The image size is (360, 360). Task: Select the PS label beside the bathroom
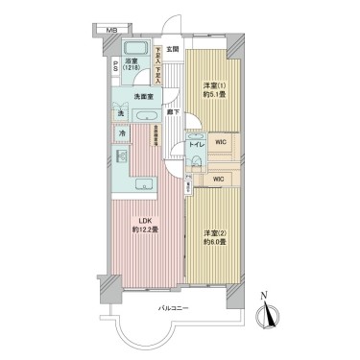tap(116, 66)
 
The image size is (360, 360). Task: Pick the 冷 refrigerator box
tap(123, 133)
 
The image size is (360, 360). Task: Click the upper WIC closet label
tap(221, 142)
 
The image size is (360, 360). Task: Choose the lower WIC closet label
tap(218, 178)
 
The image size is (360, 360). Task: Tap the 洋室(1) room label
tap(212, 86)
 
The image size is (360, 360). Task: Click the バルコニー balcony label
tap(174, 308)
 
